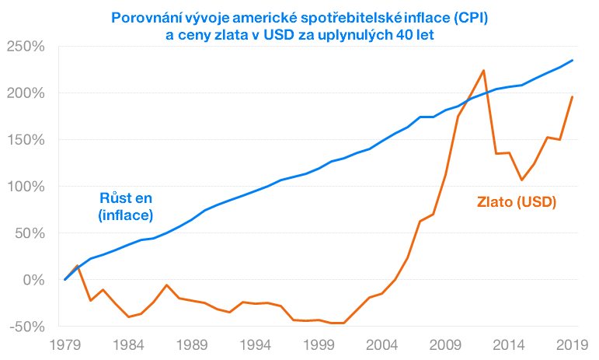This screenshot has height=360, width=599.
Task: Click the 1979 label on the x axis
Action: (x=66, y=344)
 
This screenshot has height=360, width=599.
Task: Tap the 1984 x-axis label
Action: (x=130, y=344)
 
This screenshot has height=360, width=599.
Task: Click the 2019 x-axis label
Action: (x=573, y=344)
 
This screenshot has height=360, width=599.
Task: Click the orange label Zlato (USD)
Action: (x=517, y=202)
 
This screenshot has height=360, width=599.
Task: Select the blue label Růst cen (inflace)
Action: (x=126, y=206)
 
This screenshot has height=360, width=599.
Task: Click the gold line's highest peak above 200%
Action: (x=483, y=71)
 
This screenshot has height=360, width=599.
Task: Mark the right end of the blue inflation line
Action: (x=573, y=61)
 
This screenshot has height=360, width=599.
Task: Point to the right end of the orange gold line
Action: (x=573, y=97)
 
